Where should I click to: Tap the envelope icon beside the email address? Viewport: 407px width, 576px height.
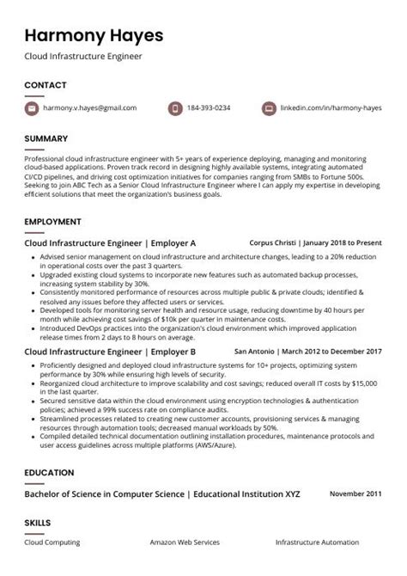pyautogui.click(x=33, y=108)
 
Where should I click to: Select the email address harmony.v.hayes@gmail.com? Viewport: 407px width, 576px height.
pyautogui.click(x=91, y=108)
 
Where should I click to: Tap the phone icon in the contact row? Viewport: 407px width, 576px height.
pyautogui.click(x=176, y=108)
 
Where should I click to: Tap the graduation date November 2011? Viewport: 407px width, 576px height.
pyautogui.click(x=355, y=493)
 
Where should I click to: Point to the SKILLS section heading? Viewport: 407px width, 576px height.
pyautogui.click(x=38, y=522)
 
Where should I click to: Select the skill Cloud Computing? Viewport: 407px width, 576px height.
pyautogui.click(x=52, y=542)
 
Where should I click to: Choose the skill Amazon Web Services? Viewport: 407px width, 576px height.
pyautogui.click(x=185, y=542)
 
